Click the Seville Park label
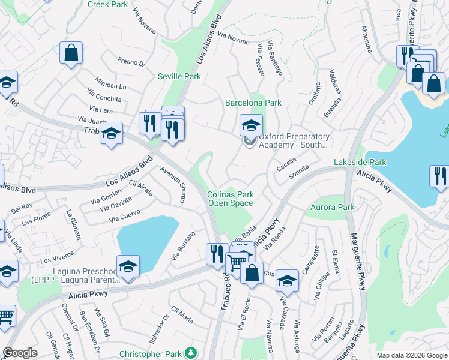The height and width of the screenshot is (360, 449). click(x=179, y=76)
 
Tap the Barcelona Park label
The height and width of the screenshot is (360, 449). click(x=253, y=103)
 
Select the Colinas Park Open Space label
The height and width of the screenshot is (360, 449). click(x=231, y=199)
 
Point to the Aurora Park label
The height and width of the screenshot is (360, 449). click(x=333, y=208)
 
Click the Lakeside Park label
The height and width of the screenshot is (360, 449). click(x=360, y=162)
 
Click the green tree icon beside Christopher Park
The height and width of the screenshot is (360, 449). click(x=191, y=352)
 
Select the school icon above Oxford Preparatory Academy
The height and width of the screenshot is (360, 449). click(x=251, y=125)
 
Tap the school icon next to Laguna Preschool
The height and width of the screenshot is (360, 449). click(x=128, y=266)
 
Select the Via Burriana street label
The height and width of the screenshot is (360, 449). click(x=183, y=245)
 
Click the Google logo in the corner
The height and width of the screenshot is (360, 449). click(x=20, y=353)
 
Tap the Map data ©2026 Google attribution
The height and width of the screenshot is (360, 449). click(x=411, y=355)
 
